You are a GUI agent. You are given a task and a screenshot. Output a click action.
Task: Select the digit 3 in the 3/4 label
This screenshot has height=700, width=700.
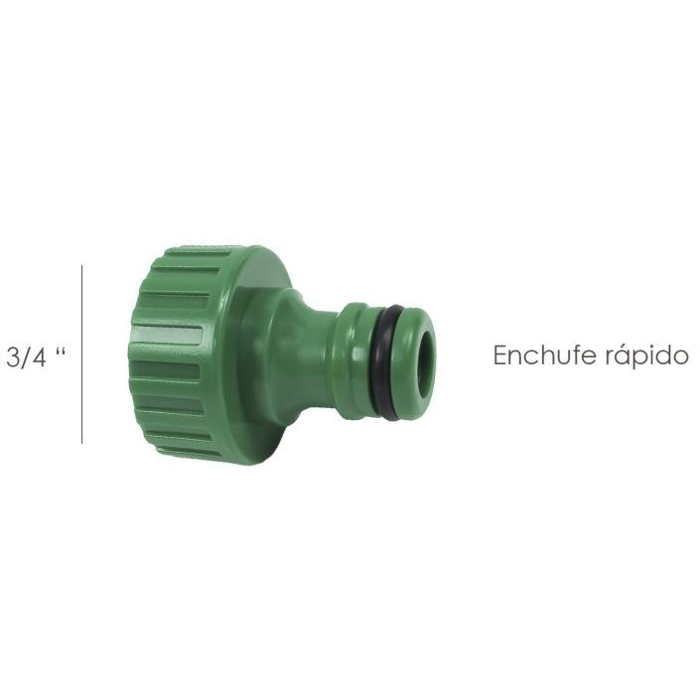[x=14, y=357]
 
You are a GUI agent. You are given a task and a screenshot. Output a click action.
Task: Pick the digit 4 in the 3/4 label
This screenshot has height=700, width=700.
[x=39, y=357]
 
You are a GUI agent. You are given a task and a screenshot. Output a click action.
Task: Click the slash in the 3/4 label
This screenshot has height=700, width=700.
[x=25, y=357]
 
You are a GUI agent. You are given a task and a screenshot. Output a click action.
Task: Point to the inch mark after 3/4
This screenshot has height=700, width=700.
[x=61, y=350]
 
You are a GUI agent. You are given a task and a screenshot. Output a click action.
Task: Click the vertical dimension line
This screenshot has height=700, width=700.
[x=81, y=354]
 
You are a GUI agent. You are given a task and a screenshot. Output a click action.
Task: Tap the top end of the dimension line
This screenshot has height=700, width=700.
[x=81, y=265]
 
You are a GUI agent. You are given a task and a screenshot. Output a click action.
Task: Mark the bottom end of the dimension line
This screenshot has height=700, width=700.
[x=81, y=444]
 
